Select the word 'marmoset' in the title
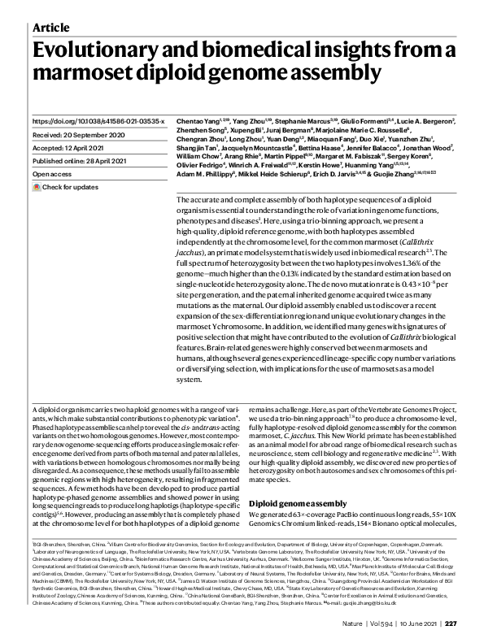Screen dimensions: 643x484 click(x=78, y=74)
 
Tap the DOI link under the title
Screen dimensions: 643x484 click(x=98, y=120)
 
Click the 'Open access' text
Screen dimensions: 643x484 click(x=53, y=175)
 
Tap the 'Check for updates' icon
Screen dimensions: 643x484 click(x=37, y=188)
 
